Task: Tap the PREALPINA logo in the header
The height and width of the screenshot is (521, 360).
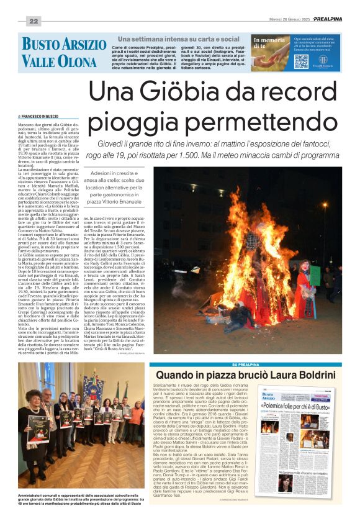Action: point(327,19)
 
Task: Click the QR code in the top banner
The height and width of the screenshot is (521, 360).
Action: point(301,61)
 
